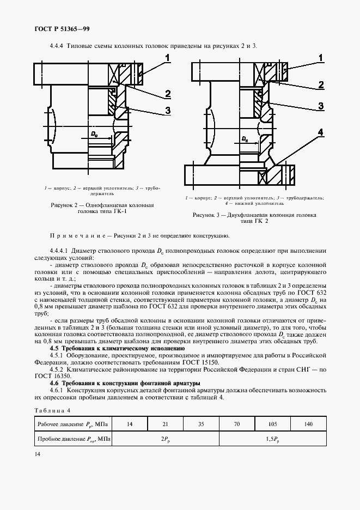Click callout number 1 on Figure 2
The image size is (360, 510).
[168, 57]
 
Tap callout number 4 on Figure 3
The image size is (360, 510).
[321, 132]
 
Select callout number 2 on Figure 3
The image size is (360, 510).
[321, 85]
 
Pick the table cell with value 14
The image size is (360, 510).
[130, 423]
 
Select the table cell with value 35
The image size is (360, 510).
[202, 423]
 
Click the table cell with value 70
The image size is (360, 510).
[237, 423]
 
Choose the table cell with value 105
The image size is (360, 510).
[273, 423]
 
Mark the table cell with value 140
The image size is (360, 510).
[309, 423]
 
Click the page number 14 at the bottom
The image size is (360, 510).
[37, 454]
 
